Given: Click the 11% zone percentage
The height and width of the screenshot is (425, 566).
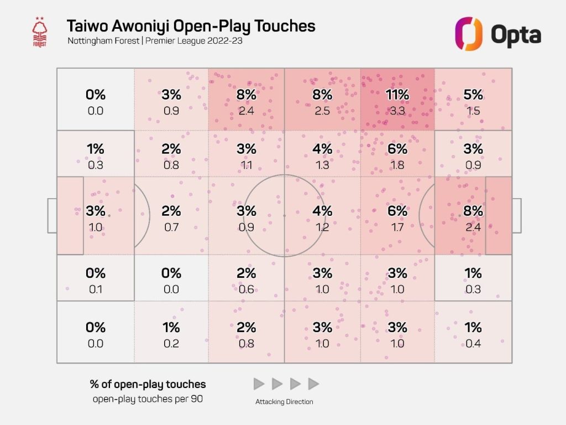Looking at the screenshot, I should pos(397,95).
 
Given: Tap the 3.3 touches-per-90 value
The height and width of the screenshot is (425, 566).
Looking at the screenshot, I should pos(397,111).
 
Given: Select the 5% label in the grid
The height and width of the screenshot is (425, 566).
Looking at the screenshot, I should pos(473,95).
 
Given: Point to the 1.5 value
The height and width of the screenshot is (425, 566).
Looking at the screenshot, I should pos(473,111).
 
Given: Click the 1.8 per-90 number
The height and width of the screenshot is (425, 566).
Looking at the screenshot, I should pos(397,164).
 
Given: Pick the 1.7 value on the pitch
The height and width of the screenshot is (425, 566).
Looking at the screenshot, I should pos(397,226).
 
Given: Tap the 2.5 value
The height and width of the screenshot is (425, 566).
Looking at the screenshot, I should pos(322,111).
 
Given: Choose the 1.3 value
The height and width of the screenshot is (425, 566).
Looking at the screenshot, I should pos(322,164).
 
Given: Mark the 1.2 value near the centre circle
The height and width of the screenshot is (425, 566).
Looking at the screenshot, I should pos(322,226).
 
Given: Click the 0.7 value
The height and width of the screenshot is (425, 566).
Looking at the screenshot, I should pos(171,226).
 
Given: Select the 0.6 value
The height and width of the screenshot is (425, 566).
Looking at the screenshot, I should pos(247,289).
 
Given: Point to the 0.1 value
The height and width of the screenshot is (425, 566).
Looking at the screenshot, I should pos(96,289).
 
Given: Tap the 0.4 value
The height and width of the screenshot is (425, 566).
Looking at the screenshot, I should pos(473,343).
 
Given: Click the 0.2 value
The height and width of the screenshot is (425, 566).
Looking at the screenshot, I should pos(171,343).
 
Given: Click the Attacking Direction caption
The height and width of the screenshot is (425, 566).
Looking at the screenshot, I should pos(284,402).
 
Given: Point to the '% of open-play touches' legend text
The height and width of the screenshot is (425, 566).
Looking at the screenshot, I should pos(148,384).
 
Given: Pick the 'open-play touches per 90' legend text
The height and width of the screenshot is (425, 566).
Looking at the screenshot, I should pos(148,398).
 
